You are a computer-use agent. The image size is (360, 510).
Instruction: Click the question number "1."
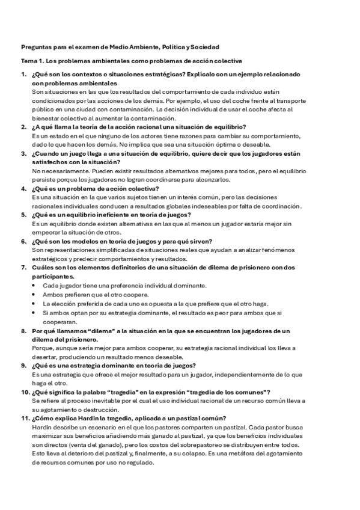(23, 75)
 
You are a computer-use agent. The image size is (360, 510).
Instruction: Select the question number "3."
(23, 153)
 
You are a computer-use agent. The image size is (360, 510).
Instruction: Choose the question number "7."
(23, 266)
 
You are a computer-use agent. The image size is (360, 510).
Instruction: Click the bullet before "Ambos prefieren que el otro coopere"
(34, 295)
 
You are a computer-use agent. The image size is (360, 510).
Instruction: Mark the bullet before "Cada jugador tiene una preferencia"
(34, 285)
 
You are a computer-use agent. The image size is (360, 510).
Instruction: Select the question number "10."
(25, 392)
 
